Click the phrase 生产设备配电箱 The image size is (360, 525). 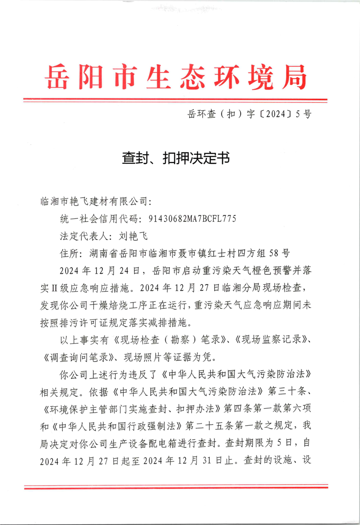click(x=152, y=442)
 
